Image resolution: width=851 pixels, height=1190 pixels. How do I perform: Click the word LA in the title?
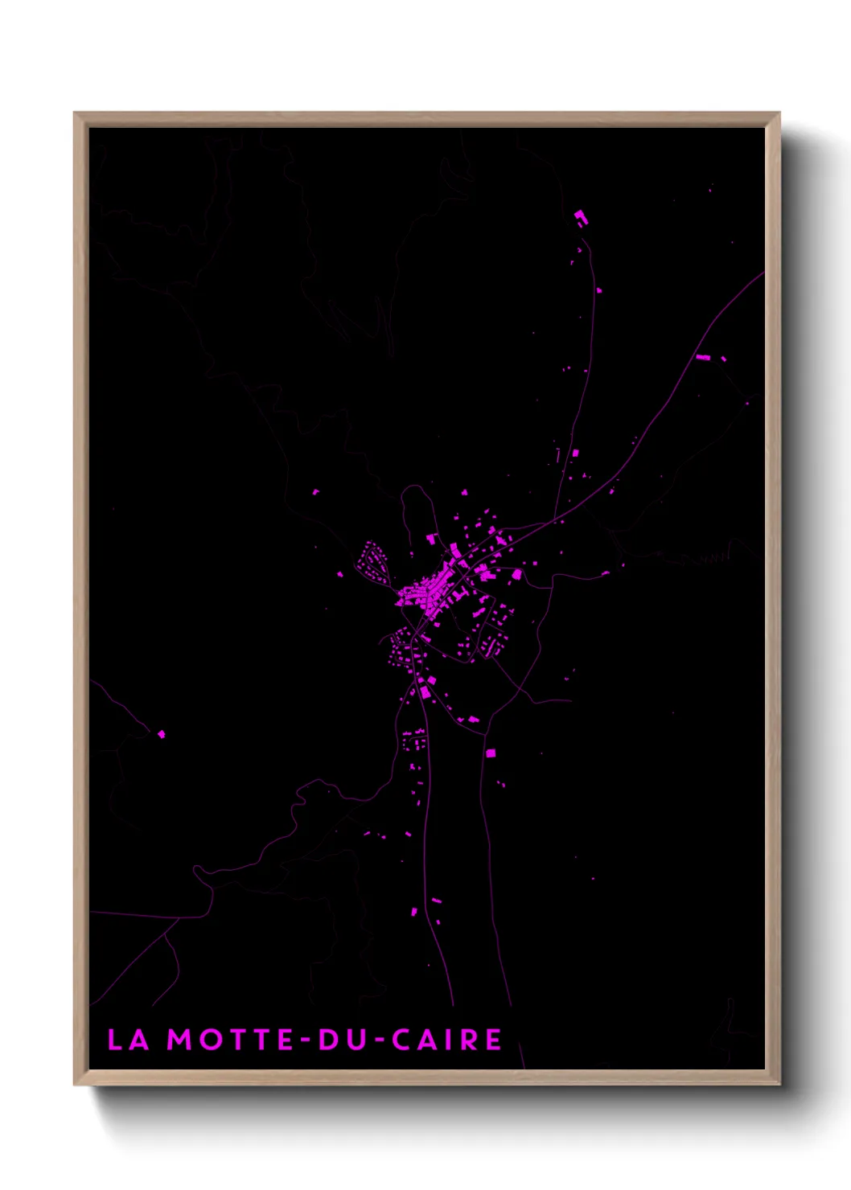(128, 1040)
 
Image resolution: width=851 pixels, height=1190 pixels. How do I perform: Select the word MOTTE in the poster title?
(230, 1040)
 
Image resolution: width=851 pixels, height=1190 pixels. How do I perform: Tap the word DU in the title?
(341, 1040)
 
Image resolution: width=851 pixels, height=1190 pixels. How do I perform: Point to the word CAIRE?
(447, 1040)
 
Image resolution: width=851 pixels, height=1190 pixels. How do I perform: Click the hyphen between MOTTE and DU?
(306, 1041)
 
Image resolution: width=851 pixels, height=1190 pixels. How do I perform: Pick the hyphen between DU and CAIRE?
(376, 1041)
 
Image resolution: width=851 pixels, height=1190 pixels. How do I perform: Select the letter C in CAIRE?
(401, 1040)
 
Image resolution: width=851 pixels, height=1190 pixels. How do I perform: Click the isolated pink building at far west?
(161, 733)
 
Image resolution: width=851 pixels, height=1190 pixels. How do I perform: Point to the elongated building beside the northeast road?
(702, 357)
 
